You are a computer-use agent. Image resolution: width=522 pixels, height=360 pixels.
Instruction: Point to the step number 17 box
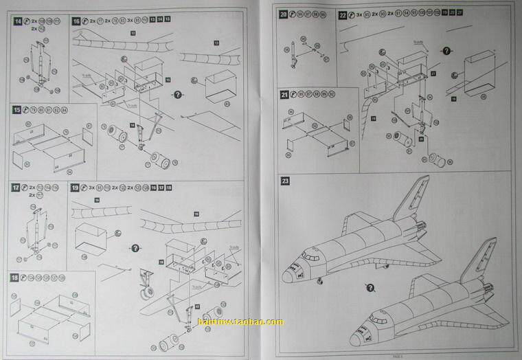coord(16,188)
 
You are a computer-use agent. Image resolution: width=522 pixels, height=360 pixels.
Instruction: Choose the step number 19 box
coord(75,188)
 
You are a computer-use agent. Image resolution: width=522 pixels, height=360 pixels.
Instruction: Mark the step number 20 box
coord(284,14)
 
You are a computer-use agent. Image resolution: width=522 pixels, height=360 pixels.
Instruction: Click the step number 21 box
coord(284,93)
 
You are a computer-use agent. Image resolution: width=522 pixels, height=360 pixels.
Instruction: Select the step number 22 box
coord(343,14)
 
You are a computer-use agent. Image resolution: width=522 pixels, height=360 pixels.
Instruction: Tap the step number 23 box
coord(285,181)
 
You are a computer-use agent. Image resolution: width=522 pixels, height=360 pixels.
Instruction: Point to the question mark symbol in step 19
coord(135,247)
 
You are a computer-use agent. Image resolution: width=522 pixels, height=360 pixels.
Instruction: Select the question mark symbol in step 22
coord(446,51)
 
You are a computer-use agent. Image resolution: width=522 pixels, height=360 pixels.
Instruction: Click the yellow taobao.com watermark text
coord(240,322)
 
